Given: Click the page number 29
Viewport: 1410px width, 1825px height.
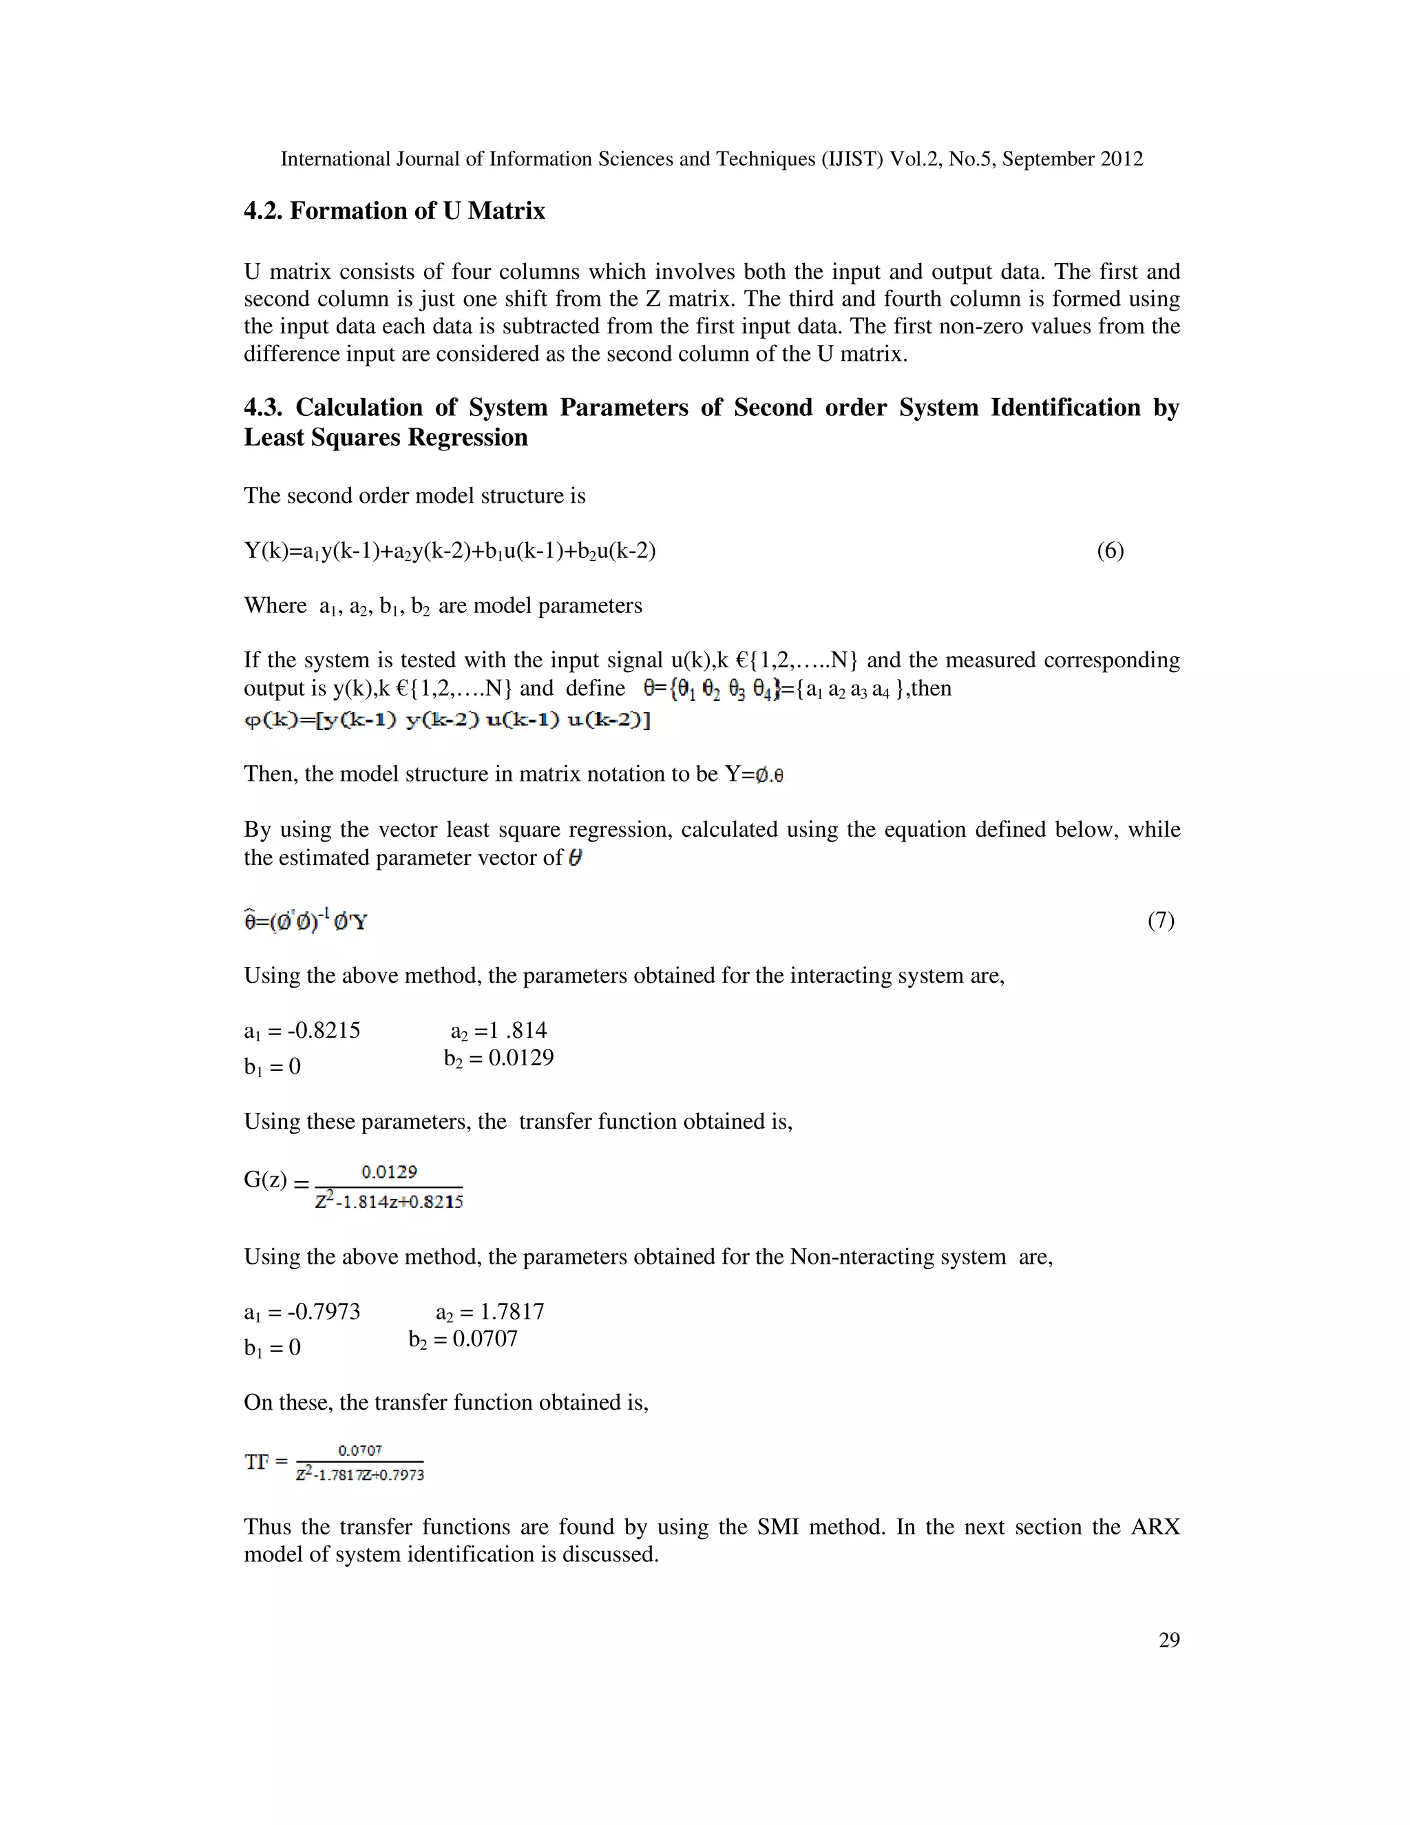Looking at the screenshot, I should point(1168,1640).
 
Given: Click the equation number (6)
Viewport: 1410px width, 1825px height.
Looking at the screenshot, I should point(1110,551).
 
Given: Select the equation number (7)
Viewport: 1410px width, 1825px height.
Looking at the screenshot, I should point(1160,920).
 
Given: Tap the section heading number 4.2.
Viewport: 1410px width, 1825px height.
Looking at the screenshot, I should point(263,211).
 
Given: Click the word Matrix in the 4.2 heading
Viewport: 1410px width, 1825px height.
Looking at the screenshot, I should point(506,211).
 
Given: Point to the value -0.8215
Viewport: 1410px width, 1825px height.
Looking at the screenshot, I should point(324,1030).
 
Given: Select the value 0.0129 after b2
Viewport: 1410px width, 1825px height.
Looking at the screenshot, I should point(521,1058).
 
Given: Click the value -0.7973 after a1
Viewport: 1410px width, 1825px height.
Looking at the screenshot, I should point(324,1311).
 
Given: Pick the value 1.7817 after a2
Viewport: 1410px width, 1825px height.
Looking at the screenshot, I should point(512,1311).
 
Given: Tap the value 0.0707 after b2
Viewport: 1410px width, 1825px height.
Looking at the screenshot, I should point(485,1339).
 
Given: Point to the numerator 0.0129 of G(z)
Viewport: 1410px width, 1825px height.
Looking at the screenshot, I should point(389,1171).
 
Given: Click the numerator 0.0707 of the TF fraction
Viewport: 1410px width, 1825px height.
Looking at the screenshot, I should point(360,1450).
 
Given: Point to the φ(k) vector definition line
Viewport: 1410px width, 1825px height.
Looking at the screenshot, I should point(447,720).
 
